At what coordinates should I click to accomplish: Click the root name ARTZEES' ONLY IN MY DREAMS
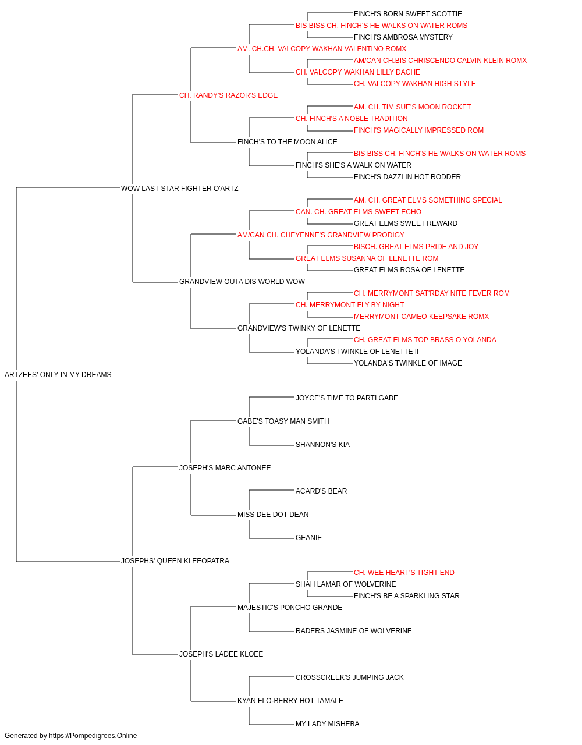coord(58,375)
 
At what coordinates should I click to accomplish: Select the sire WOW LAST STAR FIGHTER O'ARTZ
coord(180,189)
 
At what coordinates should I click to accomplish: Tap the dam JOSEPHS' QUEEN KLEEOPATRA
coord(175,561)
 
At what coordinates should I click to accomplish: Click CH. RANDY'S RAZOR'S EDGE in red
coord(228,95)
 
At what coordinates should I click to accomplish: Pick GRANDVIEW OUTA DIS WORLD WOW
coord(242,282)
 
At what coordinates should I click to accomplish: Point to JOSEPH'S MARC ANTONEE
coord(225,468)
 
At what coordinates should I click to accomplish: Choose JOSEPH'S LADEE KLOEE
coord(221,654)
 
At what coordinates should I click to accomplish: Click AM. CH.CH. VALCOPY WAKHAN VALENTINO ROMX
coord(322,49)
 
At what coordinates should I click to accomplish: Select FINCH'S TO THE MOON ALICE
coord(288,142)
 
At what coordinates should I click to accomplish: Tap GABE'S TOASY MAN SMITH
coord(283,421)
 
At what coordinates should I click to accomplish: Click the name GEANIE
coord(309,538)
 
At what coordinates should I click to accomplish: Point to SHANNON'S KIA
coord(322,445)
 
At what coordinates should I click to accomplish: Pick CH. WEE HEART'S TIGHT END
coord(404,573)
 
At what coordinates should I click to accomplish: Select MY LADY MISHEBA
coord(327,724)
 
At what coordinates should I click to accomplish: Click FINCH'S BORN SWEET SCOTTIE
coord(408,14)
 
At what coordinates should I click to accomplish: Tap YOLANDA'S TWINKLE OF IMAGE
coord(408,363)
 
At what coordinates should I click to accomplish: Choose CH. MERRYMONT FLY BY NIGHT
coord(350,305)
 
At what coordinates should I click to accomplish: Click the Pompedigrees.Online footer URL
coord(93,736)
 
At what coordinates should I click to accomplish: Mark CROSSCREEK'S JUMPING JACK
coord(350,677)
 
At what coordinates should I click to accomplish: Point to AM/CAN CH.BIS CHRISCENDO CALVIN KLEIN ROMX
coord(440,61)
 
